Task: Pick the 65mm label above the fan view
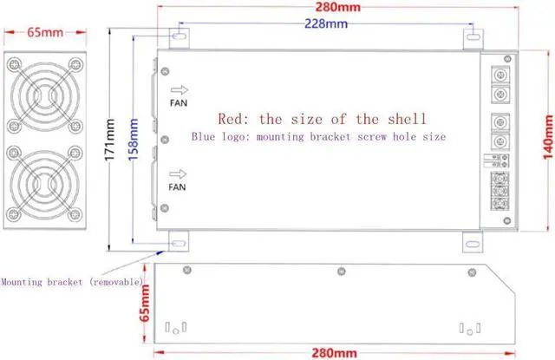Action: (45, 34)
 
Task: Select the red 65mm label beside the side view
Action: (145, 304)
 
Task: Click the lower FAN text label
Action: (177, 187)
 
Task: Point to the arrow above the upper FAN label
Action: (180, 89)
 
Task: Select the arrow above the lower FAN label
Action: (180, 171)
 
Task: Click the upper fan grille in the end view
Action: (45, 95)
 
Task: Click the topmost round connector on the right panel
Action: (499, 74)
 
